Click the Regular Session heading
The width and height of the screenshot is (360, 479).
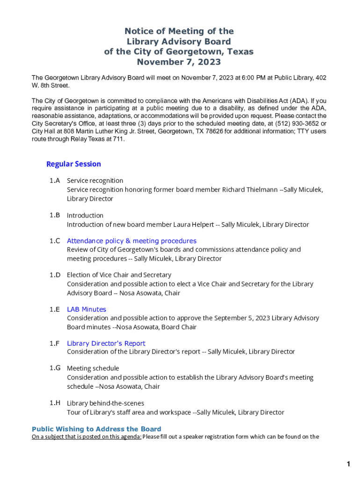pos(73,164)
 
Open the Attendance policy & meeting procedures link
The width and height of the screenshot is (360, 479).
pos(131,241)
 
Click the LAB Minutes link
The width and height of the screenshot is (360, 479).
pos(86,309)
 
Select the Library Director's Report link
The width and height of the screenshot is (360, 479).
pos(106,343)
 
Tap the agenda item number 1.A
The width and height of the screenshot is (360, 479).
pos(55,181)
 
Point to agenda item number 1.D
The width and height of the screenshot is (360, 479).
pos(55,275)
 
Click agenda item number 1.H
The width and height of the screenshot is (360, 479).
pos(55,403)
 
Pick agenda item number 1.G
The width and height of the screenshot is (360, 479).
pos(55,368)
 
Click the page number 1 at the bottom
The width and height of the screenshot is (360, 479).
pos(348,464)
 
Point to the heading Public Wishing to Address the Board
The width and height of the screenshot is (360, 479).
pos(96,429)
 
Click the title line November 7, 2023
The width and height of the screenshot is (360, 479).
pos(179,62)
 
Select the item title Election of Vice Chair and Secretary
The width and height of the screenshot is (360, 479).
pos(119,275)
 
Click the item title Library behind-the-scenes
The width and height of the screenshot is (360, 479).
pos(105,403)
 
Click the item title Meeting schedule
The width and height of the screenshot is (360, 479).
pos(93,369)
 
